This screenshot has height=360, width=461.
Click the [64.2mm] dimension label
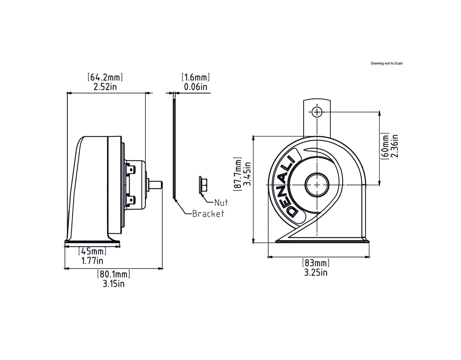105,77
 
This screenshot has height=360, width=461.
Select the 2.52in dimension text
105,87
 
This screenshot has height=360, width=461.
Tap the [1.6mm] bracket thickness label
196,77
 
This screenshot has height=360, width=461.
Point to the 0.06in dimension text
196,87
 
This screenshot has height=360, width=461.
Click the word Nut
221,203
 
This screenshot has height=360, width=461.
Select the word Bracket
208,214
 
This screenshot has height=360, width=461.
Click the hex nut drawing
203,185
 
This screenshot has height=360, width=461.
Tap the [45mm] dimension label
92,251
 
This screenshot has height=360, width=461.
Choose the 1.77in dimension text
92,261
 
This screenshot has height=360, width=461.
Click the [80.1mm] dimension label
114,274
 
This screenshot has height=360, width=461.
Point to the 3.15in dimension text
114,284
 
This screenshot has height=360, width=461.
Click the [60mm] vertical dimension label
385,146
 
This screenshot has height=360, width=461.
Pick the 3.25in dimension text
316,272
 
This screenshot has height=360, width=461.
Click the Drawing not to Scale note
387,63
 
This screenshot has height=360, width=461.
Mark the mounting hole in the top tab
317,112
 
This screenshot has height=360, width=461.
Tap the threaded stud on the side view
156,185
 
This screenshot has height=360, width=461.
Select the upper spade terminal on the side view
130,169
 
